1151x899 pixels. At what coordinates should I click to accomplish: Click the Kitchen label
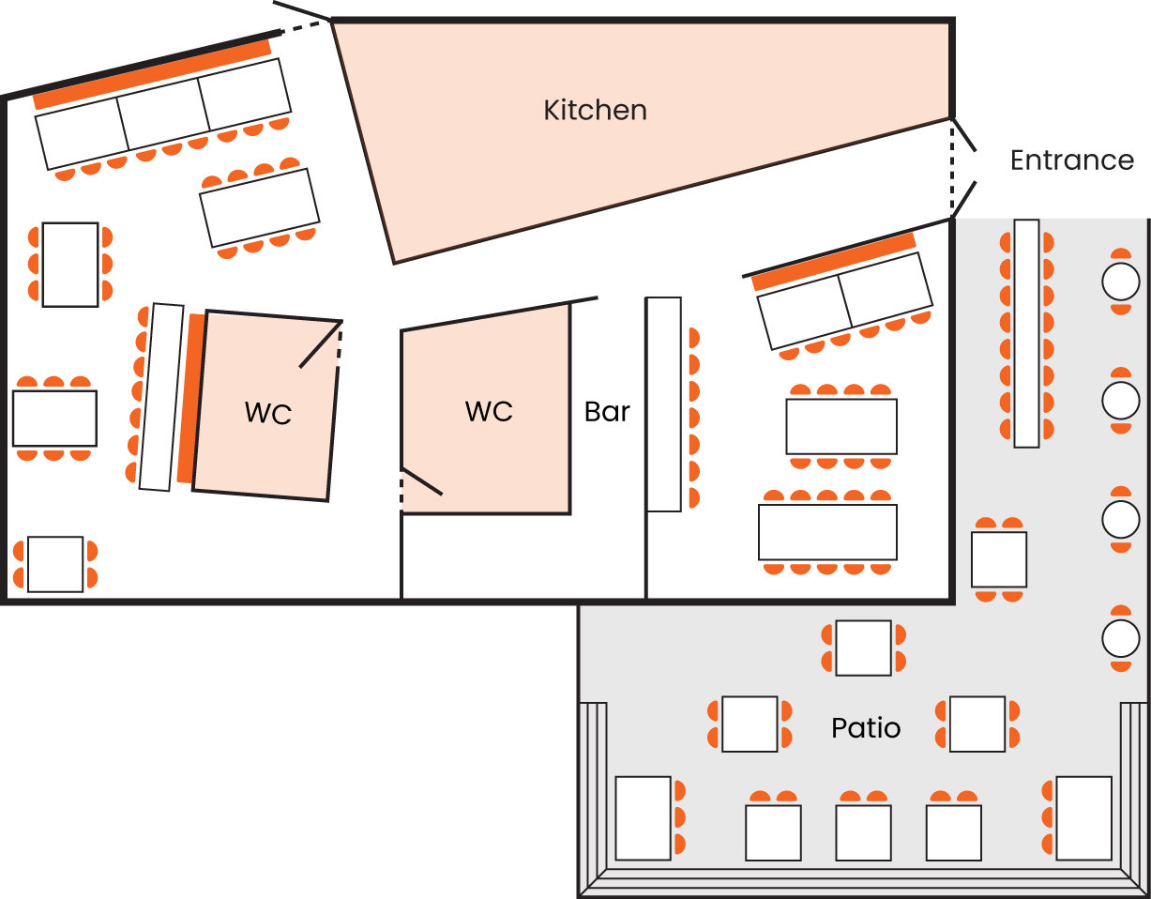(x=595, y=111)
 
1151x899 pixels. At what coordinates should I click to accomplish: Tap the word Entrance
(x=1071, y=160)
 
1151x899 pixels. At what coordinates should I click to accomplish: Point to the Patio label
(x=866, y=728)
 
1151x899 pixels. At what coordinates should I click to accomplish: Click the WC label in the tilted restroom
(x=268, y=413)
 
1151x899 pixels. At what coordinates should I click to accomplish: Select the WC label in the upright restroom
(x=489, y=411)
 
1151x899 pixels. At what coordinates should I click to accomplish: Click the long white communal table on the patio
(x=1026, y=333)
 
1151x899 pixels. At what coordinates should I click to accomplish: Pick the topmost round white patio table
(x=1120, y=282)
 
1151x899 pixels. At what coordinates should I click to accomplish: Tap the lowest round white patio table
(x=1120, y=639)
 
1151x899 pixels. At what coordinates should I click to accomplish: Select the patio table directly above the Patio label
(x=863, y=648)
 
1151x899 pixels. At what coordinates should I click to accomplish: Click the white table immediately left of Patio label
(x=750, y=724)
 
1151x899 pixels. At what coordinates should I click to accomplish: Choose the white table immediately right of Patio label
(x=977, y=724)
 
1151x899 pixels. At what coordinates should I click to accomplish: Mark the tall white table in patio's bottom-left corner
(x=644, y=817)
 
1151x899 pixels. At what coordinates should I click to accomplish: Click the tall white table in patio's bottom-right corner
(x=1083, y=817)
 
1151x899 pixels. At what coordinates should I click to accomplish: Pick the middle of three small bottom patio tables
(x=863, y=832)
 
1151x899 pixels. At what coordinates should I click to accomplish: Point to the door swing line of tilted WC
(x=320, y=345)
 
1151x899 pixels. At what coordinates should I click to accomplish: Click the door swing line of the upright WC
(x=422, y=481)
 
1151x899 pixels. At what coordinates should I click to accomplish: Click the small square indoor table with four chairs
(x=55, y=564)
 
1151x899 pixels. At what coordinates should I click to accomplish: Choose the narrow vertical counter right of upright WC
(x=663, y=404)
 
